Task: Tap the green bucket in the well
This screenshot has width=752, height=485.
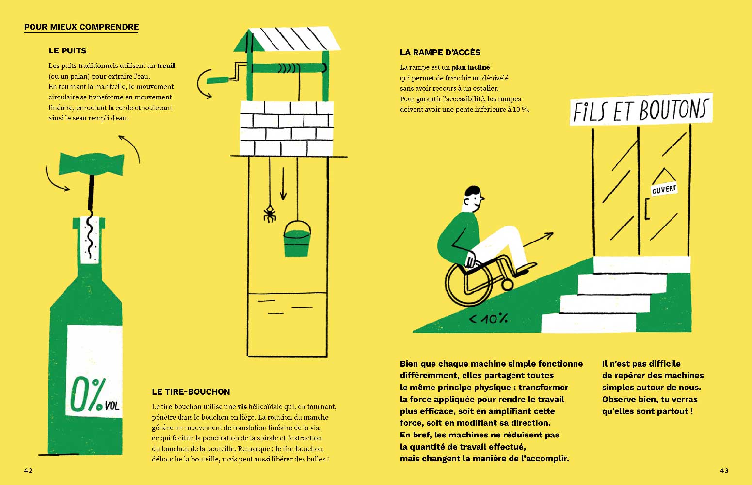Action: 297,239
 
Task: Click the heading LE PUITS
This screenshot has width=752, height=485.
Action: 67,51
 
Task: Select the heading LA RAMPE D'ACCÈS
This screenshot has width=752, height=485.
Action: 440,52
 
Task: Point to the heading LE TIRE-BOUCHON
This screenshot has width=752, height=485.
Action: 191,392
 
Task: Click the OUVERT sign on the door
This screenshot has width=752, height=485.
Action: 664,190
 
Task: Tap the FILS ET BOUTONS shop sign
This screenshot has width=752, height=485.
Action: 641,110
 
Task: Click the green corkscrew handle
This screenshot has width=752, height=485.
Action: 91,164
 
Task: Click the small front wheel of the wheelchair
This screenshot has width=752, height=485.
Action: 507,285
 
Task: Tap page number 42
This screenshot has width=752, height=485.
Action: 28,470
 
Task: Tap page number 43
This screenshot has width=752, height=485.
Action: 724,470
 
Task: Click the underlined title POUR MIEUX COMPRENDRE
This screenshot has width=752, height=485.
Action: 81,27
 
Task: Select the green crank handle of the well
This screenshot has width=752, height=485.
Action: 218,80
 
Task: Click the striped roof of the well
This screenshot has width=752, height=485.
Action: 288,39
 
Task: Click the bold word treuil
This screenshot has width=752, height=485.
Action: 166,65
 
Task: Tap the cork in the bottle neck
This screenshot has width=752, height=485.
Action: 90,240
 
